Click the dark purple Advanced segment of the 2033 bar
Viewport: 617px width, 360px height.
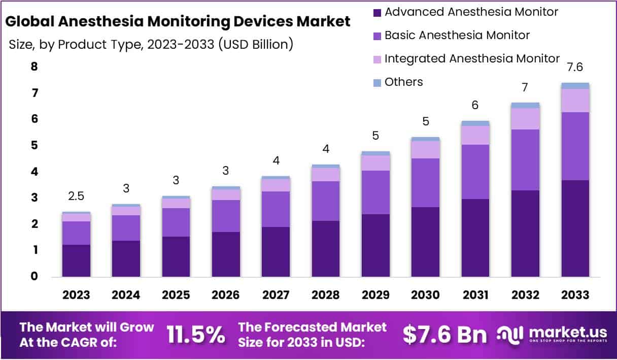pyautogui.click(x=575, y=228)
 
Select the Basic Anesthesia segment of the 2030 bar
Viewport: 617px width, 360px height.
pyautogui.click(x=425, y=182)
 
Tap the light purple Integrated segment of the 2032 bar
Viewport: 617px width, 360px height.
pyautogui.click(x=525, y=118)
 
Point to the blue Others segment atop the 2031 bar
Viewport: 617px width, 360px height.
pyautogui.click(x=475, y=123)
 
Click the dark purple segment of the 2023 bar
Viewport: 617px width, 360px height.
pyautogui.click(x=76, y=260)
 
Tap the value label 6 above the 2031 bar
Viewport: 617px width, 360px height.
pyautogui.click(x=475, y=106)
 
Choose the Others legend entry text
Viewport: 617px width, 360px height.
pyautogui.click(x=403, y=82)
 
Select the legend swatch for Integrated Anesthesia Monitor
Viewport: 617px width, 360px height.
pyautogui.click(x=376, y=59)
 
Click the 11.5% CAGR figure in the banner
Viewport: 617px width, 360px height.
pyautogui.click(x=195, y=335)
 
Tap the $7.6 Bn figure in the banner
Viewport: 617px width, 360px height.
pyautogui.click(x=444, y=335)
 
